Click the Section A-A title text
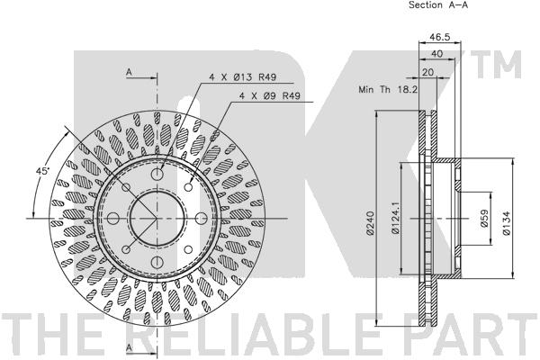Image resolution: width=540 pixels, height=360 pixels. click(438, 5)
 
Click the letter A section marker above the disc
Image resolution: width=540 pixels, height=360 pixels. click(129, 71)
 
